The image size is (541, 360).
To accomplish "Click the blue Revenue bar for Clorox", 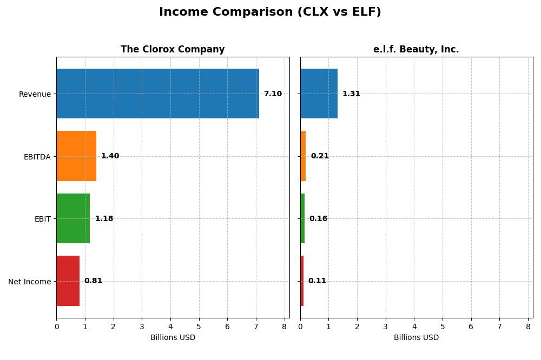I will (x=157, y=94).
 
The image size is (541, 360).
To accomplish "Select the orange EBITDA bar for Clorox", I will (x=76, y=156).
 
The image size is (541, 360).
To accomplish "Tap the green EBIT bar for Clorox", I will (x=73, y=218).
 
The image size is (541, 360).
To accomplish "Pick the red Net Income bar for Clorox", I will (x=68, y=281).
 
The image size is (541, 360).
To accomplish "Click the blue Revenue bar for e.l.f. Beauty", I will (x=319, y=94).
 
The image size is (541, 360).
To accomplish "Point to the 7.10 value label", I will (x=273, y=94).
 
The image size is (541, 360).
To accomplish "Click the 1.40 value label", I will (x=110, y=156).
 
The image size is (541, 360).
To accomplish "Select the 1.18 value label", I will (x=104, y=219).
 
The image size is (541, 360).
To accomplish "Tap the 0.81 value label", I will (x=93, y=281).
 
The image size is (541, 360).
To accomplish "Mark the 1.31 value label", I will (x=351, y=94).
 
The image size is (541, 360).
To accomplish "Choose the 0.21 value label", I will (x=320, y=156).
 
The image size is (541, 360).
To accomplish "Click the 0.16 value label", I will (x=318, y=219).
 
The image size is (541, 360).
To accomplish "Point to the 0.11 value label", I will (x=317, y=281).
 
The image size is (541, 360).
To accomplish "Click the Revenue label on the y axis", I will (x=35, y=95).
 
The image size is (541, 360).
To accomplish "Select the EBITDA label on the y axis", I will (x=37, y=157).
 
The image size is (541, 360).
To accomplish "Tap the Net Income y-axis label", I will (x=30, y=282).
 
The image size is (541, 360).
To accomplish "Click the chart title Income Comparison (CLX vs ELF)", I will (x=270, y=12).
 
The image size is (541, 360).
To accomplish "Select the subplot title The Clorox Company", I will (x=173, y=50).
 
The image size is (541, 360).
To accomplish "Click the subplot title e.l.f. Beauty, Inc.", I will (x=416, y=50).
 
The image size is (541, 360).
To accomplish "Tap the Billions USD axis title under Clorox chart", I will (x=173, y=338).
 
